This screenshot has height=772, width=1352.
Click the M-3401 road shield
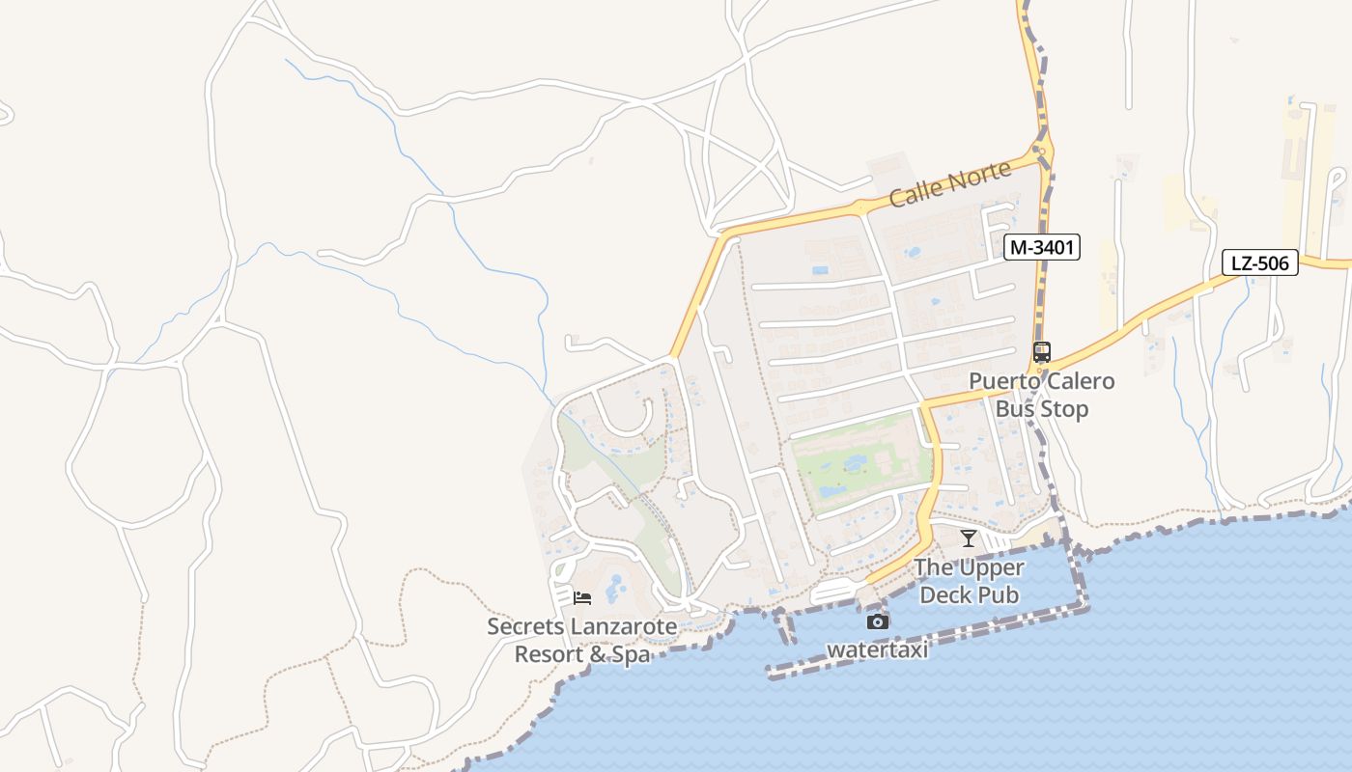click(1041, 248)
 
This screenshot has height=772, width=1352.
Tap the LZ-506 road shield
click(1259, 262)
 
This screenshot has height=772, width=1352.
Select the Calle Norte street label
click(949, 183)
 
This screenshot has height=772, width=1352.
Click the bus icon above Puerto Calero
click(1041, 352)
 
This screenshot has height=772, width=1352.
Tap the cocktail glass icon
click(969, 538)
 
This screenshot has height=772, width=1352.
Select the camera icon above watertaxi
click(877, 622)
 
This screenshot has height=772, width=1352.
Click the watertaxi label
click(877, 649)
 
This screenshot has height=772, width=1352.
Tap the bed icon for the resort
click(581, 598)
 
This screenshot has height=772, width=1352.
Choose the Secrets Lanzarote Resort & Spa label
click(581, 640)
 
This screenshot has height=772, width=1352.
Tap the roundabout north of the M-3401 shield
click(1039, 150)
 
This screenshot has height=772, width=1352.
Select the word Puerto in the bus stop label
click(1004, 381)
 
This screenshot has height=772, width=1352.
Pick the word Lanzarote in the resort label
click(624, 626)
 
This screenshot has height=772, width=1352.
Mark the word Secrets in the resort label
click(525, 626)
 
